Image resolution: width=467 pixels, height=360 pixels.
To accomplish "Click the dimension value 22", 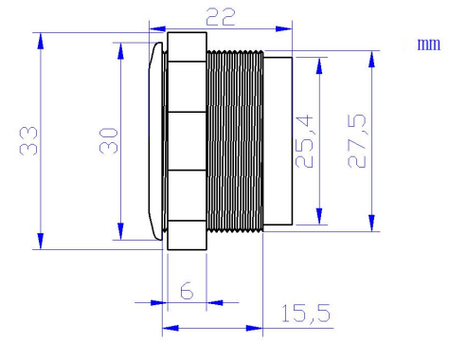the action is tap(221, 17).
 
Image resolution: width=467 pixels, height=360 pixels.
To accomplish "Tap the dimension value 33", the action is tap(28, 141).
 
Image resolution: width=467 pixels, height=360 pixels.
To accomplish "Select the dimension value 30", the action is tap(108, 140).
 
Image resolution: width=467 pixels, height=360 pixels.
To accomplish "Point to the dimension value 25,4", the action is tap(304, 141).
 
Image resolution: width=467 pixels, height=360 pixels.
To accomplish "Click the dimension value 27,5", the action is tap(357, 141).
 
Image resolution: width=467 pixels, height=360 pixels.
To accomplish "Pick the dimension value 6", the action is tap(187, 291).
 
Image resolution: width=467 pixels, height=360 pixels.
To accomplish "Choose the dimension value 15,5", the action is tap(306, 314).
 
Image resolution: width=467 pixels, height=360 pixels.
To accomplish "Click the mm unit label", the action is tap(428, 45).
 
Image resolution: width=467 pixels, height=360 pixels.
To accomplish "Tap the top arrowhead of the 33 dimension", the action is tap(41, 41).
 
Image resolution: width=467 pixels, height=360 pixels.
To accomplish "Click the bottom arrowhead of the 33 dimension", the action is tap(41, 242).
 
